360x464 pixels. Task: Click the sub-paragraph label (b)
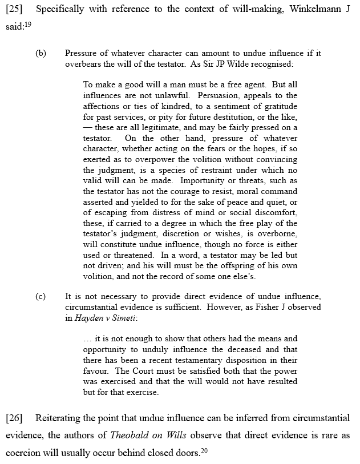(41, 53)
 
